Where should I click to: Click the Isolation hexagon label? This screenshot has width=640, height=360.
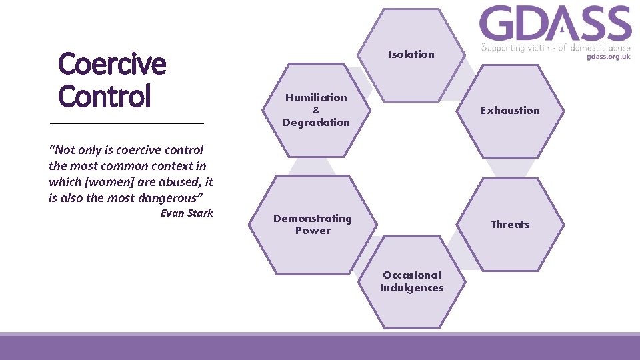pyautogui.click(x=411, y=55)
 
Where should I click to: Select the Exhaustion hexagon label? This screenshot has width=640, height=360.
pyautogui.click(x=510, y=111)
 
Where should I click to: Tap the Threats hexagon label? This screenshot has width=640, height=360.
pyautogui.click(x=510, y=225)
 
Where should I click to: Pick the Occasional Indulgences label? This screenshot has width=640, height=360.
pyautogui.click(x=411, y=281)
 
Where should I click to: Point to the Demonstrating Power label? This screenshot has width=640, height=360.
pyautogui.click(x=312, y=225)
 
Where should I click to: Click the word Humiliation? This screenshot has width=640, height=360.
pyautogui.click(x=316, y=98)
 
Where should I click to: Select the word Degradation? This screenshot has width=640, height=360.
pyautogui.click(x=316, y=123)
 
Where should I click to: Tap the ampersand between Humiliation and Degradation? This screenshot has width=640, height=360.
pyautogui.click(x=316, y=110)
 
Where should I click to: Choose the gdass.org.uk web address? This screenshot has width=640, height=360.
pyautogui.click(x=608, y=57)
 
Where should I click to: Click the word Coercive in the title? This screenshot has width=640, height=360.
pyautogui.click(x=112, y=65)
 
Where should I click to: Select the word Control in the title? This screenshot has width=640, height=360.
pyautogui.click(x=105, y=97)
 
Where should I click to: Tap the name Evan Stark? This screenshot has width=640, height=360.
pyautogui.click(x=187, y=213)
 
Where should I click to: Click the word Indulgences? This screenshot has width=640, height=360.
pyautogui.click(x=411, y=288)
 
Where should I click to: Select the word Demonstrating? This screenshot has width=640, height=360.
pyautogui.click(x=312, y=219)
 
